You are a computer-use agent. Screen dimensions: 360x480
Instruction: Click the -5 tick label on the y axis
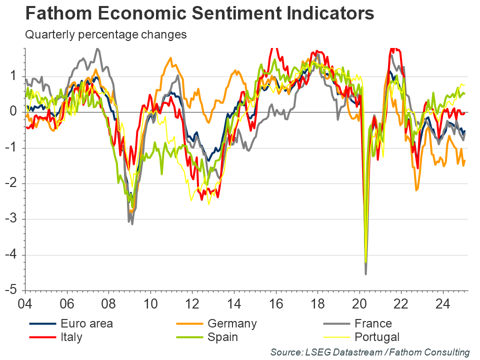click(15, 291)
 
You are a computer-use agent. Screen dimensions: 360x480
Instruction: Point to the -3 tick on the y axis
click(15, 219)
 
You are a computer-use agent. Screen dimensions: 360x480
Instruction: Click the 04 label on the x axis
click(25, 303)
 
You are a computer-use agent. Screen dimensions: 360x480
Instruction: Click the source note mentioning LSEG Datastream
click(370, 352)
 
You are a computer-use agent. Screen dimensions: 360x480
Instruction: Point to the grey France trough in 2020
click(366, 273)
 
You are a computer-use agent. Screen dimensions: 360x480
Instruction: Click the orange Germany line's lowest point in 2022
click(416, 190)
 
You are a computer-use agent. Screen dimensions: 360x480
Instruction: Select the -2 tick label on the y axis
click(15, 183)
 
